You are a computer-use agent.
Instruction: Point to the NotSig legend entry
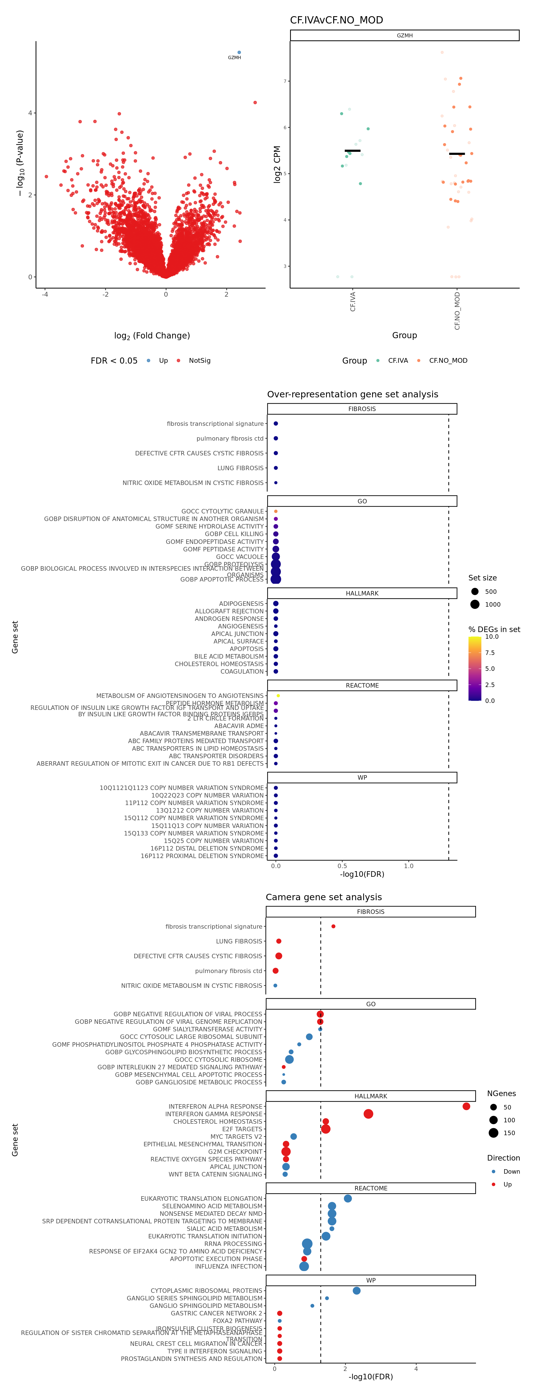199,361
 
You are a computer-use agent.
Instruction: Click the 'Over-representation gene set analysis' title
352,394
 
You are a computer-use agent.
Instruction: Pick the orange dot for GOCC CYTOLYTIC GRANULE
276,511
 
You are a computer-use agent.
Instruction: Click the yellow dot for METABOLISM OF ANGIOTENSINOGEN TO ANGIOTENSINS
278,695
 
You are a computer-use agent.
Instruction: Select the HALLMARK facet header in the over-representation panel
362,593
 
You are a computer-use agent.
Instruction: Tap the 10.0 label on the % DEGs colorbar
492,637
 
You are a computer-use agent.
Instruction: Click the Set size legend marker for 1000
475,605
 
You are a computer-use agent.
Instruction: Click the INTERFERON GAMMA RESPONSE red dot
368,1114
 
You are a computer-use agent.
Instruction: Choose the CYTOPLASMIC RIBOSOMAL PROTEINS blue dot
356,1291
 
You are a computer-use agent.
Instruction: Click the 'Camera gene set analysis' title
324,897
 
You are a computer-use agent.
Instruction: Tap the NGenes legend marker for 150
493,1133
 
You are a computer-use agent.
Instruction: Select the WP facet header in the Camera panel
370,1281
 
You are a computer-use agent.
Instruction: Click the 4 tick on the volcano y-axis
30,113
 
